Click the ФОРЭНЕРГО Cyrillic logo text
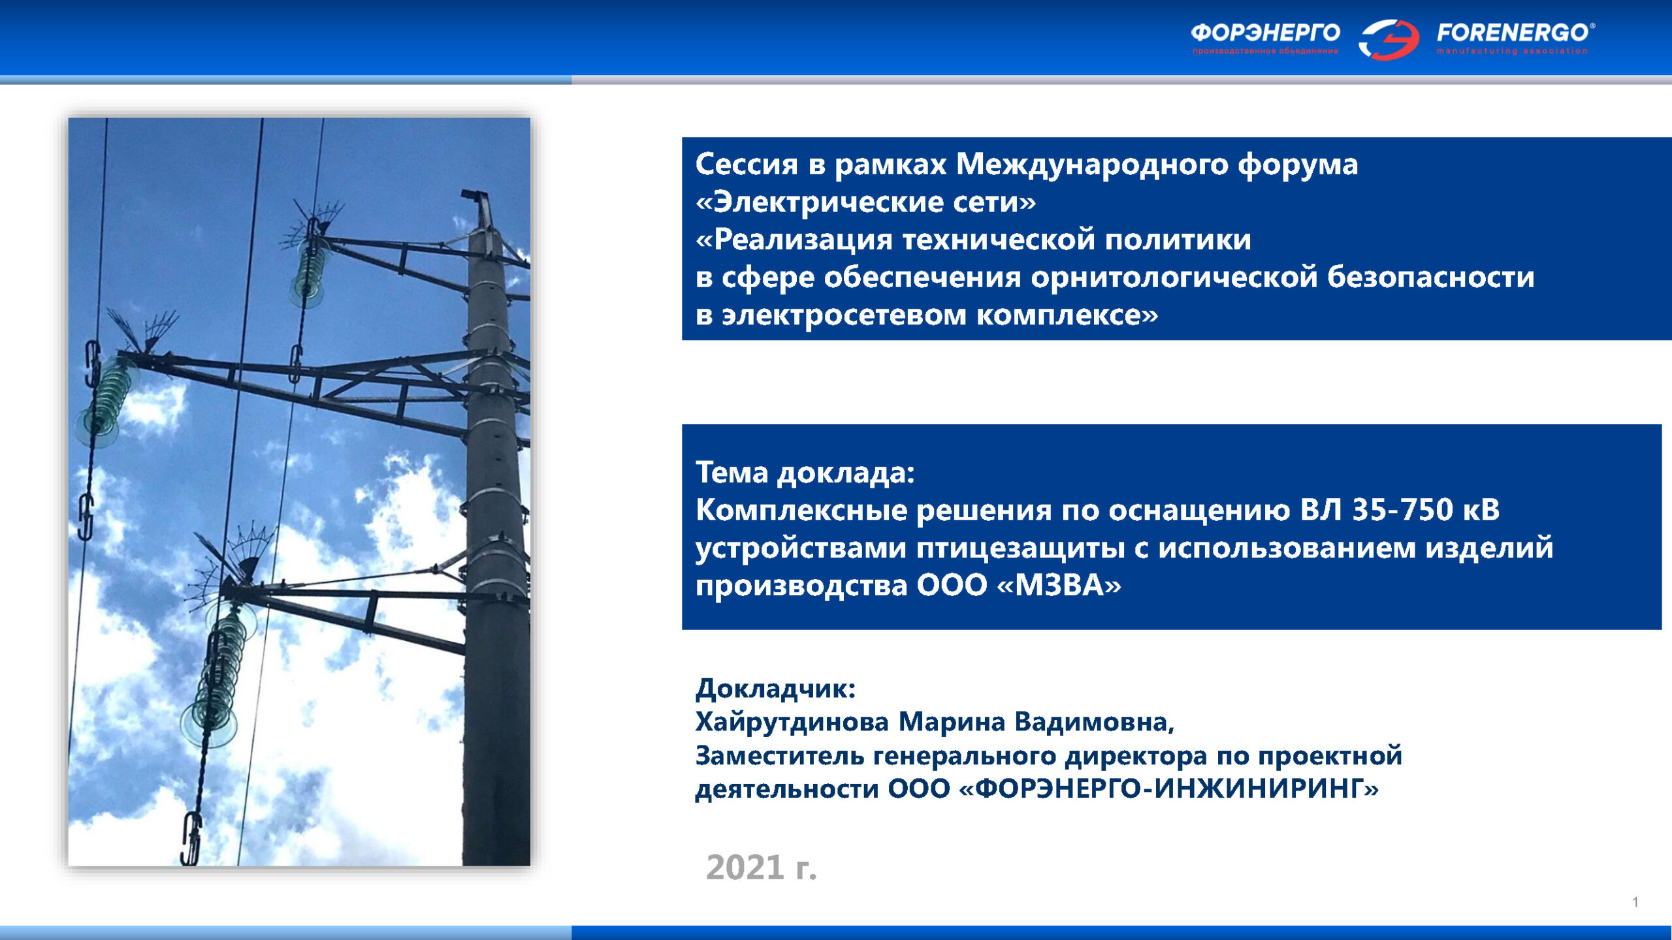click(x=1265, y=32)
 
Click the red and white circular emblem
click(x=1389, y=39)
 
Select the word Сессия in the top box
click(x=747, y=164)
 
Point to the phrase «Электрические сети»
click(x=866, y=202)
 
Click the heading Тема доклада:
click(x=805, y=473)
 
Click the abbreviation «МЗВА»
click(x=1059, y=585)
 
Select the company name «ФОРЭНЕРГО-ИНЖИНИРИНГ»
click(x=1168, y=789)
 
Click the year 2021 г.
click(x=762, y=868)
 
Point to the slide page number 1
click(x=1635, y=902)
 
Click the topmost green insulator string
click(x=310, y=271)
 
